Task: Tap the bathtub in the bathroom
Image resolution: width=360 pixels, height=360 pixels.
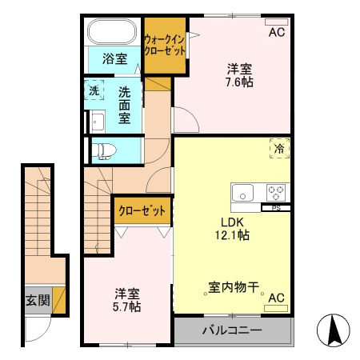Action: click(113, 33)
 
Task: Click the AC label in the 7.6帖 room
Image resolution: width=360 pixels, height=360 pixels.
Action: click(277, 33)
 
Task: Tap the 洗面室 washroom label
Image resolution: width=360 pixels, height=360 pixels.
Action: click(125, 105)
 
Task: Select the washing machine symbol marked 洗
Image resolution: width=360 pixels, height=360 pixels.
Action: click(94, 91)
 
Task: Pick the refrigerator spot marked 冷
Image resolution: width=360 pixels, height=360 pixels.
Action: click(280, 148)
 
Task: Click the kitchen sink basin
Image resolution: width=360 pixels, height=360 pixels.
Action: click(243, 192)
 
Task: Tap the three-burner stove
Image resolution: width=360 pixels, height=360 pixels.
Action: click(276, 192)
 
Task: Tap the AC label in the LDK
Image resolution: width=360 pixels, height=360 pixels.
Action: click(277, 298)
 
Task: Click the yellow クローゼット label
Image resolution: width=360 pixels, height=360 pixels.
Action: click(142, 211)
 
